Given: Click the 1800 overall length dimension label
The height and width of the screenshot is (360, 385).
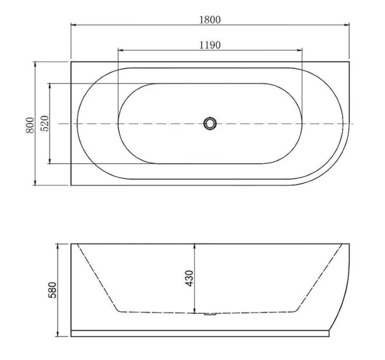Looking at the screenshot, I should coord(210,19).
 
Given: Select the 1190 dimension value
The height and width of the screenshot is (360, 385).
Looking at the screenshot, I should coord(210,45).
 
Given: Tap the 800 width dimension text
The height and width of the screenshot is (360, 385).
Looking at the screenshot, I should coord(29,124).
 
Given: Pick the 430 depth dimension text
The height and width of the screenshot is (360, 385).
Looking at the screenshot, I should coord(189,278).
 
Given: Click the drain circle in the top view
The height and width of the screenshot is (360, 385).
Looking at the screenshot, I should coord(210,124).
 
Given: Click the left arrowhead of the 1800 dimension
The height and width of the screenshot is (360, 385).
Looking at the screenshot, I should coord(73,25).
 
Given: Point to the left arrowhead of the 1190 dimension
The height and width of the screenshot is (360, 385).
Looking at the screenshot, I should coord(120,51).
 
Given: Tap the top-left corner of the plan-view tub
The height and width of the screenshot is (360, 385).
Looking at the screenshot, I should coord(71,62).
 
